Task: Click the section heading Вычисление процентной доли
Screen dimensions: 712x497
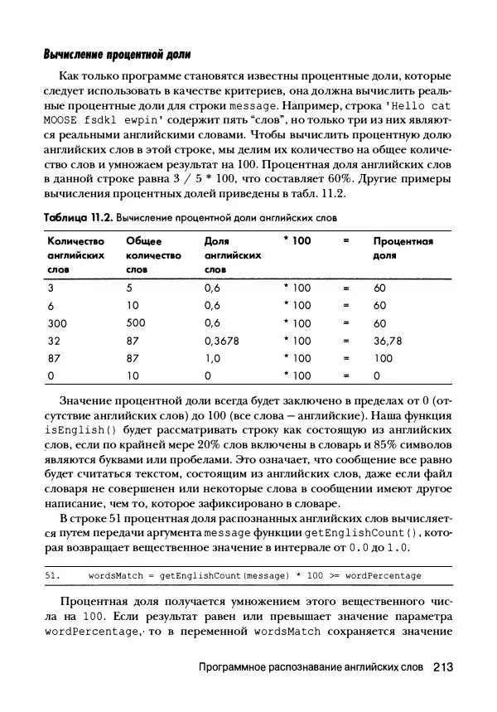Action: coord(117,55)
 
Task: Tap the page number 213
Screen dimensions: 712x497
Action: coord(442,666)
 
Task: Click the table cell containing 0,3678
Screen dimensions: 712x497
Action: coord(223,341)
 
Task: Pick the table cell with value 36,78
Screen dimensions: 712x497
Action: coord(387,341)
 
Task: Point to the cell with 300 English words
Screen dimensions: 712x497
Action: coord(57,323)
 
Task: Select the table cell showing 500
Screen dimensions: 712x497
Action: coord(135,323)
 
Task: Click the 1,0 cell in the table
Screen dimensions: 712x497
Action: coord(212,358)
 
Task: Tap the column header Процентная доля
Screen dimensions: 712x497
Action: coord(403,249)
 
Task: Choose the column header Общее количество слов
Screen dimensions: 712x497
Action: coord(152,255)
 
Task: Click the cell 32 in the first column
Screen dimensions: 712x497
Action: coord(54,341)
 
